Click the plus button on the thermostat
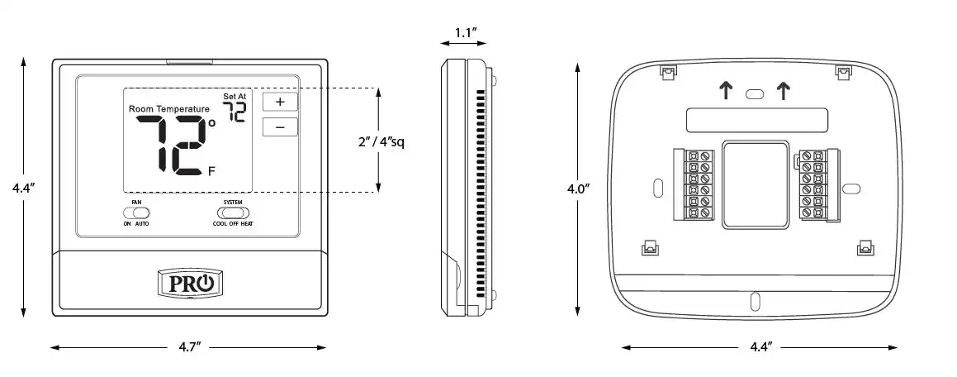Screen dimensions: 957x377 pyautogui.click(x=280, y=102)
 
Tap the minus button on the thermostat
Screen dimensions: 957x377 pyautogui.click(x=280, y=127)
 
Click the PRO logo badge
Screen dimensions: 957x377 pyautogui.click(x=190, y=283)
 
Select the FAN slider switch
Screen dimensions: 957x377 pyautogui.click(x=136, y=212)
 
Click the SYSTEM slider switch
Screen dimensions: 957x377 pyautogui.click(x=233, y=212)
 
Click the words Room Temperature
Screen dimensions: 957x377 pyautogui.click(x=169, y=109)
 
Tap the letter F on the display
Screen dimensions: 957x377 pyautogui.click(x=211, y=171)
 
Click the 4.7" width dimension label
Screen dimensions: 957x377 pyautogui.click(x=189, y=348)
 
